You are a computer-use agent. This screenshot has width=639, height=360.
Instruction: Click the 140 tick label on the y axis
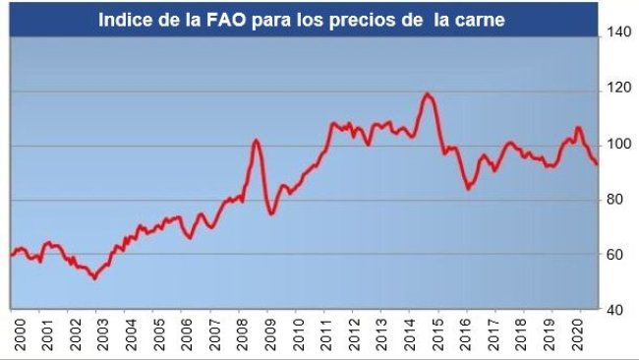(x=618, y=32)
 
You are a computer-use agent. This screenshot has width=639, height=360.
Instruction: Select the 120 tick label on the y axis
(x=618, y=89)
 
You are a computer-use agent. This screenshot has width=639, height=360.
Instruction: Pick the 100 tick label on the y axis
(x=618, y=145)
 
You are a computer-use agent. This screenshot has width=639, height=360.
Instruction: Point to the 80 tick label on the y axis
(x=615, y=200)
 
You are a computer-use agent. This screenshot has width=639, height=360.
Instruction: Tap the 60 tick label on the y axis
(x=615, y=255)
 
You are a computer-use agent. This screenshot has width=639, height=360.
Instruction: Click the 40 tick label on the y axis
(x=615, y=310)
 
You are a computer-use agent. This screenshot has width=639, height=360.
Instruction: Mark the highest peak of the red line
(x=427, y=93)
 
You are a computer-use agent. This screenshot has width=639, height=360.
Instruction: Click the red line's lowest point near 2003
(x=94, y=279)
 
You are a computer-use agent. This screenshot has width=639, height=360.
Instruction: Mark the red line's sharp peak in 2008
(x=256, y=140)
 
